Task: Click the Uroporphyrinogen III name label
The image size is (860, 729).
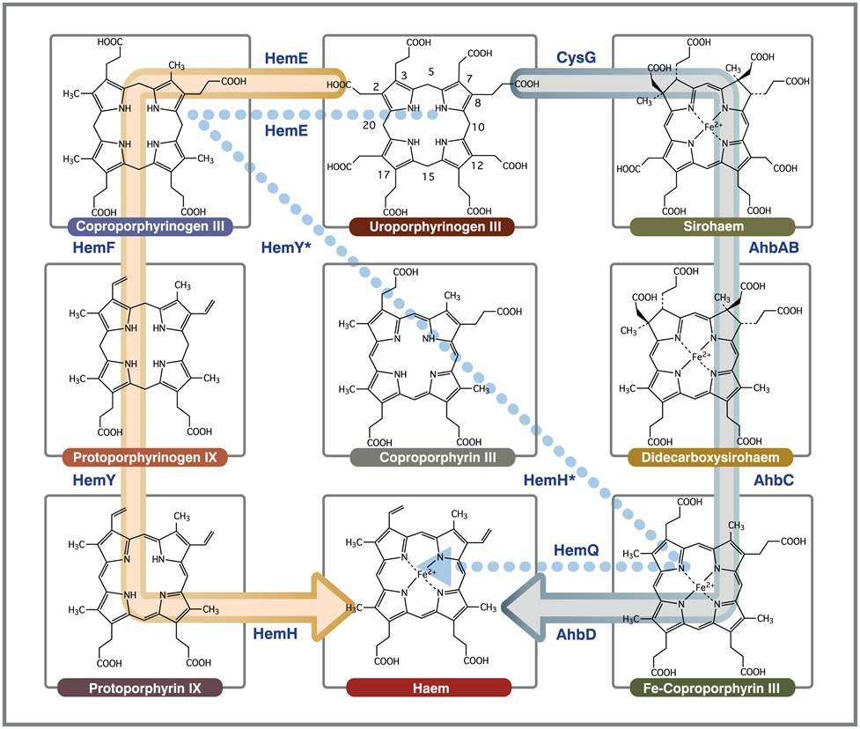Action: (x=429, y=227)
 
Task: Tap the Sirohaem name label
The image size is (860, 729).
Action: (x=711, y=227)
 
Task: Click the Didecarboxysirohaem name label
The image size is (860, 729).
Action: (x=711, y=458)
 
